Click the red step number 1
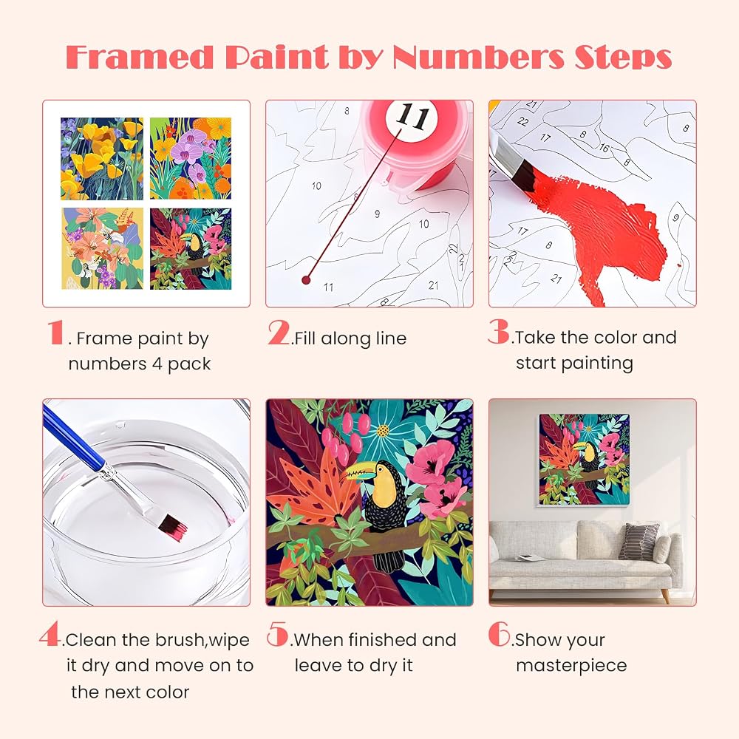click(x=55, y=333)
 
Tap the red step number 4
click(x=50, y=633)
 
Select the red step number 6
click(x=499, y=633)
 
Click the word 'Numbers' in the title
click(x=478, y=58)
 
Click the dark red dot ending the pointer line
click(x=306, y=280)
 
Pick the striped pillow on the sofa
click(x=638, y=541)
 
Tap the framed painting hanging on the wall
click(x=585, y=460)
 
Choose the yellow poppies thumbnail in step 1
click(x=102, y=158)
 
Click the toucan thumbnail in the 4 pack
click(x=191, y=249)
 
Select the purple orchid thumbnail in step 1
click(x=191, y=158)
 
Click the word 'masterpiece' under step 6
click(x=571, y=666)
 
